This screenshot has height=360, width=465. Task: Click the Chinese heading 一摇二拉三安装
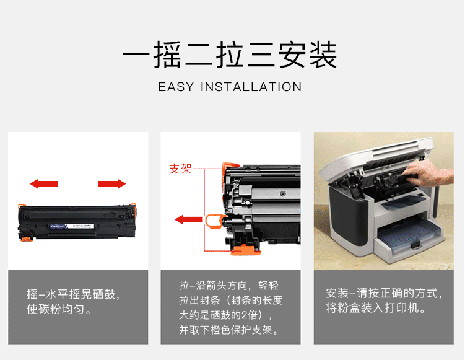[230, 55]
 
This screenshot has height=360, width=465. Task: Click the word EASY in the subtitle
[176, 87]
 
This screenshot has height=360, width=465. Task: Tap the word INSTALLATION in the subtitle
[251, 87]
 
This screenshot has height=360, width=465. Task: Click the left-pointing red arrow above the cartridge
[44, 183]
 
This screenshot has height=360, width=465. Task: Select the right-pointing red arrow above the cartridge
[112, 183]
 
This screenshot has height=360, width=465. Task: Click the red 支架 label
[180, 169]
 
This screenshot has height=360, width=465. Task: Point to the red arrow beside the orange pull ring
[189, 220]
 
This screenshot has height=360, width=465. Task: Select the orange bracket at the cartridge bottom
[245, 250]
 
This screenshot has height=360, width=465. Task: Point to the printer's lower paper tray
[411, 237]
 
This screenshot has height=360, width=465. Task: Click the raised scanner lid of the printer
[377, 156]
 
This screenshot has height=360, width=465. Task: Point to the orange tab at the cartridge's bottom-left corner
[25, 239]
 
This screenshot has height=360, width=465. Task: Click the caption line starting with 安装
[384, 293]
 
